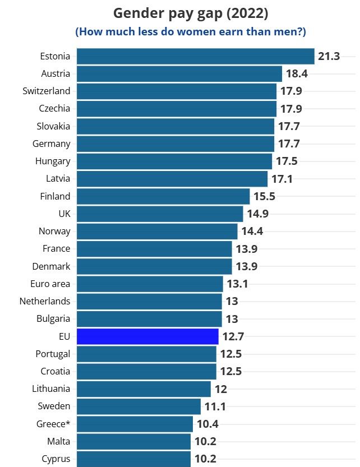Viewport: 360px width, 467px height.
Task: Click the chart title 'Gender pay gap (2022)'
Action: pos(191,13)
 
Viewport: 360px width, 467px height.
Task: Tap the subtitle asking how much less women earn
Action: pos(191,31)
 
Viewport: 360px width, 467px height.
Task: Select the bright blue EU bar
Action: pos(147,336)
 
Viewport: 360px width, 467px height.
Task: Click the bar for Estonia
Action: pos(195,56)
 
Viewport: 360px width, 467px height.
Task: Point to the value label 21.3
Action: pos(329,56)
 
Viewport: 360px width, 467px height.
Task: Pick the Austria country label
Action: pos(56,73)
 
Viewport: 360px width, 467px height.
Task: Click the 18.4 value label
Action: pos(297,73)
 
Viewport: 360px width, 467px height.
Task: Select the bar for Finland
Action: pos(163,196)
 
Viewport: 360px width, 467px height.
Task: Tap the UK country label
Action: pos(64,214)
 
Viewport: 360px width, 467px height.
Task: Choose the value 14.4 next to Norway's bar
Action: pos(252,231)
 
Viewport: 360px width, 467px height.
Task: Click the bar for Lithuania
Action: pos(144,389)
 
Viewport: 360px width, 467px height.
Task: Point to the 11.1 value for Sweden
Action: pos(215,406)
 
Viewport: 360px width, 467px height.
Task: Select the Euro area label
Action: pos(50,284)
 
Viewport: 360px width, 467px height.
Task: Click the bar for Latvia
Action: pos(172,179)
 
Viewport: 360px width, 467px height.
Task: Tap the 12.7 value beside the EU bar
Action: pos(233,336)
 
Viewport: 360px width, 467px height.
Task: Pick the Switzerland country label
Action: pos(47,91)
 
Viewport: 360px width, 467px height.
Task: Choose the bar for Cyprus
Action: pos(133,459)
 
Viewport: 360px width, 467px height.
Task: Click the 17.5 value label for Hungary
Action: pos(287,161)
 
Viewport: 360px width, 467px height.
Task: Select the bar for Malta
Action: pos(133,441)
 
